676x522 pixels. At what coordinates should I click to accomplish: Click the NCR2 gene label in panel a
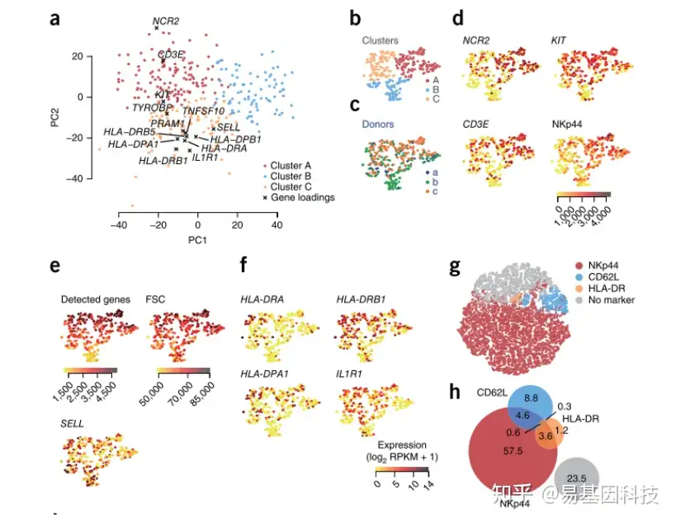click(166, 19)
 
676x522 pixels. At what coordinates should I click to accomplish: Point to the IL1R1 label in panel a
click(205, 157)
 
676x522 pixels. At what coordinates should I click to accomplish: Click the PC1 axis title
click(197, 239)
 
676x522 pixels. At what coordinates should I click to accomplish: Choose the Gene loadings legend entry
click(302, 197)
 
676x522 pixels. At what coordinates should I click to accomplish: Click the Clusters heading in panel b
click(380, 40)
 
